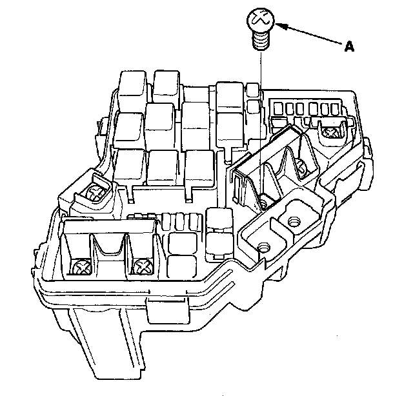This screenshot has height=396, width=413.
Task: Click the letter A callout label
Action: pos(349,46)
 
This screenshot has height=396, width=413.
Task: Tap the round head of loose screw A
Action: pos(261,20)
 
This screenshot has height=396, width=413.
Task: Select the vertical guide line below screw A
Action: pos(261,124)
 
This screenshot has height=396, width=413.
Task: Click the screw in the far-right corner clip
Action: pos(331,132)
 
